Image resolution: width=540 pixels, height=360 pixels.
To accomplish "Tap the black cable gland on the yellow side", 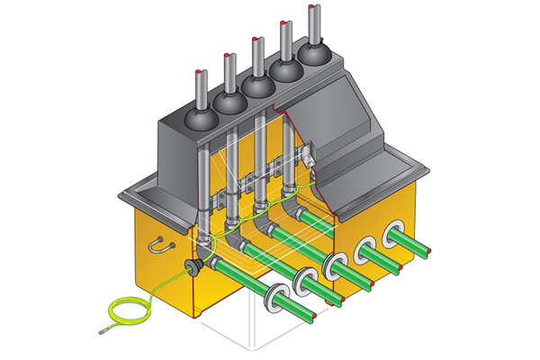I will [x=191, y=266].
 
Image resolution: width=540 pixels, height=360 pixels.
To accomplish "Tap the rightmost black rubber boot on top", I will [x=314, y=56].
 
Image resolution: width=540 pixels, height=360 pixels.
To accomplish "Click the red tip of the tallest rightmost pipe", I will [x=311, y=8].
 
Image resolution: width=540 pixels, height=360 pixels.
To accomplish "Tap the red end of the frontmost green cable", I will [x=314, y=319].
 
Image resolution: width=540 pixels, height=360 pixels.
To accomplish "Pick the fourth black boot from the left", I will [x=287, y=72].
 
